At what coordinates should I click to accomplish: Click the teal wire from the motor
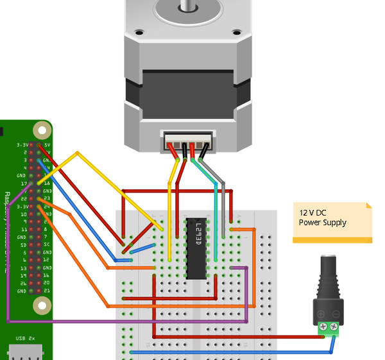click(214, 212)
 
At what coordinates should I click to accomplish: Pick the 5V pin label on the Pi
click(47, 146)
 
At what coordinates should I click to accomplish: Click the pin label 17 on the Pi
click(22, 183)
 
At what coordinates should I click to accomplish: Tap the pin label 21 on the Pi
click(47, 291)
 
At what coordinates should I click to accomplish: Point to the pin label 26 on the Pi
click(23, 283)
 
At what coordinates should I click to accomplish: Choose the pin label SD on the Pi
click(22, 244)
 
